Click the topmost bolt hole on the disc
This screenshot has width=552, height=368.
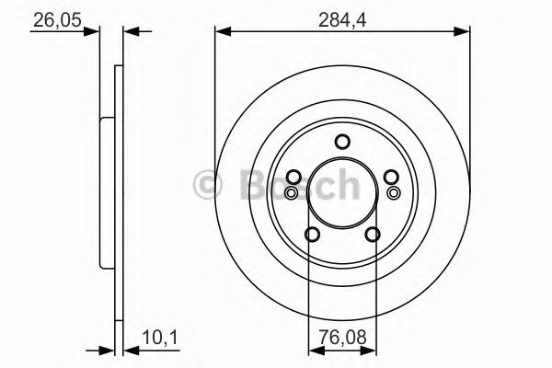coord(342,142)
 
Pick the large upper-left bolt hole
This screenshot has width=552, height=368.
coord(293,178)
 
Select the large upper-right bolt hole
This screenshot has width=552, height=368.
coord(390,178)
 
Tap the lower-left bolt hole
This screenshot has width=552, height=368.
coord(312,235)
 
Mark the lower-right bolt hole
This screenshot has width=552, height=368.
coord(372,235)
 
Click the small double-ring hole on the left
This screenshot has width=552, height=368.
coord(292,192)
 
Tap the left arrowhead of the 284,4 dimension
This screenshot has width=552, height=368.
coord(221,32)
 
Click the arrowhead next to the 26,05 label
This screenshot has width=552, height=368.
coord(92,32)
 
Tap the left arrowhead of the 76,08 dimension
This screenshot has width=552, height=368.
coord(314,351)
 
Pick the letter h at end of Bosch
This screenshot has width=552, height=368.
coord(346,184)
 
